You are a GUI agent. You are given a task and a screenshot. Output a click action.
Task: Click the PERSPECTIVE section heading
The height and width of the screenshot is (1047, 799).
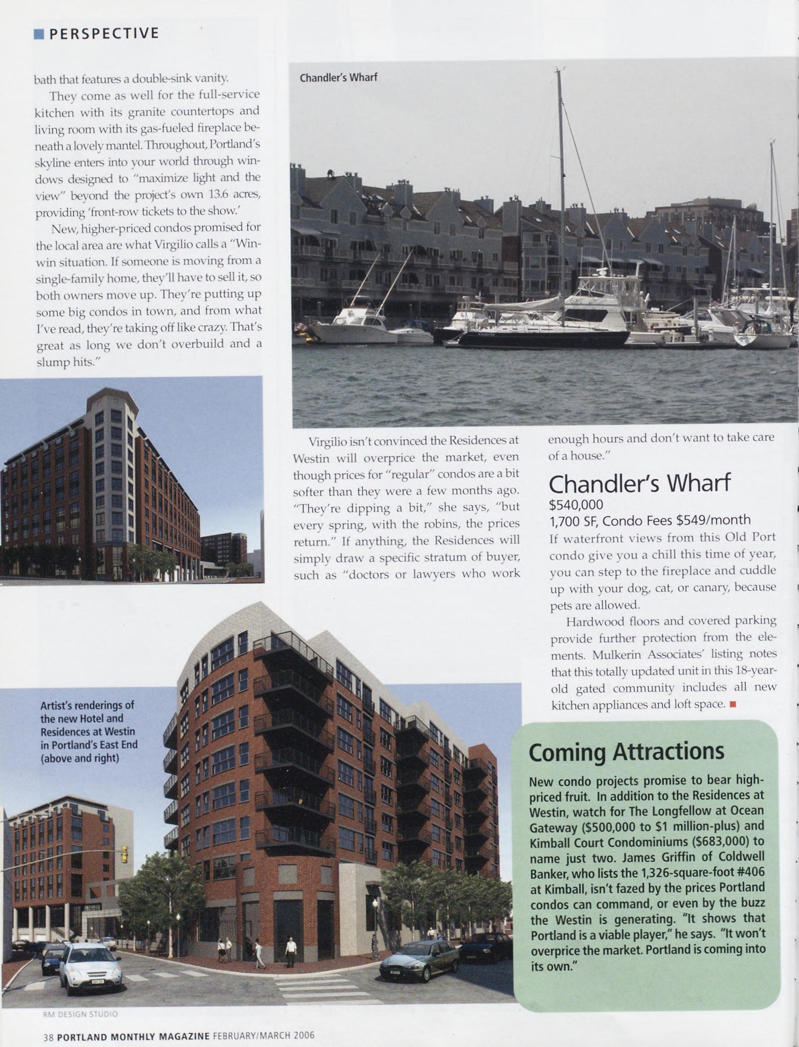click(x=104, y=33)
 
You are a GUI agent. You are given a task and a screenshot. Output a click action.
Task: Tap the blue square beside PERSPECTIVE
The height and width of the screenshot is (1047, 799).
click(x=39, y=34)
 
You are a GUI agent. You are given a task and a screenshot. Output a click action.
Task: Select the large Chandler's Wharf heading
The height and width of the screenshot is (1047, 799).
click(x=639, y=484)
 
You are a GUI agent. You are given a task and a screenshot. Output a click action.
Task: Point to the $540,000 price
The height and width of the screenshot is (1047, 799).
click(x=575, y=505)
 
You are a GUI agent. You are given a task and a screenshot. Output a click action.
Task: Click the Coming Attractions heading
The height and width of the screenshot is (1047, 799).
click(x=626, y=752)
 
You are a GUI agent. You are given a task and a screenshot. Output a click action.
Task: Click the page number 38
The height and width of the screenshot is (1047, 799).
click(x=48, y=1037)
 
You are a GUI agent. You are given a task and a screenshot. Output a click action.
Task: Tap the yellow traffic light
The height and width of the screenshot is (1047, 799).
click(x=124, y=854)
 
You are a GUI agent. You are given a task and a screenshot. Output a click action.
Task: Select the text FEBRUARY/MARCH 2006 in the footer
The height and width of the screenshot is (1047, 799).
click(x=263, y=1036)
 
